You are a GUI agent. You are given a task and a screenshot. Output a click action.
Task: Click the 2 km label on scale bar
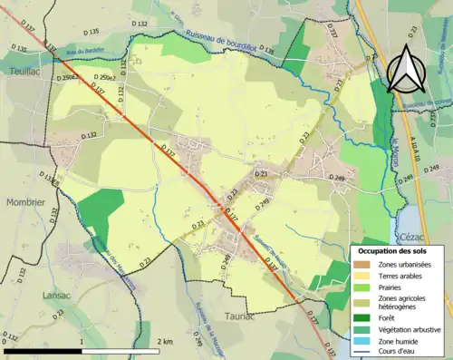[166, 341]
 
